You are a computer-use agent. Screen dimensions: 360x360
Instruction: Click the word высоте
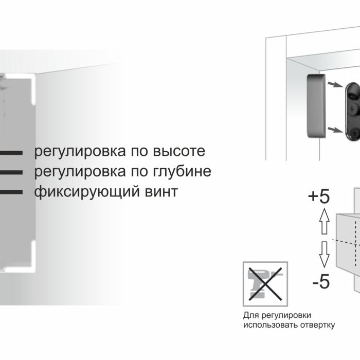point(179,151)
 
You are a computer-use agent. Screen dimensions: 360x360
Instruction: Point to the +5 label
point(319,196)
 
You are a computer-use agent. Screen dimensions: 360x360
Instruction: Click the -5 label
point(321,281)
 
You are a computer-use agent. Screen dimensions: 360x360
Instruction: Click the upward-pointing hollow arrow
point(324,221)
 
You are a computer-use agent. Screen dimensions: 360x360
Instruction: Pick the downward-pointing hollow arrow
point(324,254)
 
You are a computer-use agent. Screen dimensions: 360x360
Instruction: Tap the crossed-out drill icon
point(265,284)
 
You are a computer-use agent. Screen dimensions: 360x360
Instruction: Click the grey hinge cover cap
point(316,106)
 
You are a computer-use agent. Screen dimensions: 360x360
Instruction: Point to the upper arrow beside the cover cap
point(336,85)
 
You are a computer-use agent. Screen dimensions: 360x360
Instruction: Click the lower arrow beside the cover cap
point(336,130)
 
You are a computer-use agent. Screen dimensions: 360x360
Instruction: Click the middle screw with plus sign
point(352,109)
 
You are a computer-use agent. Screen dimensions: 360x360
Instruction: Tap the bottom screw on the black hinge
point(355,133)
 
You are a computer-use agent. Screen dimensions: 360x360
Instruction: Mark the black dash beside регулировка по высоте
point(11,152)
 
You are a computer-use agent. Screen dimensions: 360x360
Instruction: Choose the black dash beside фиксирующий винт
point(11,192)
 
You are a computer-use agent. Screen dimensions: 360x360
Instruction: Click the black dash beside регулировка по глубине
point(11,172)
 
